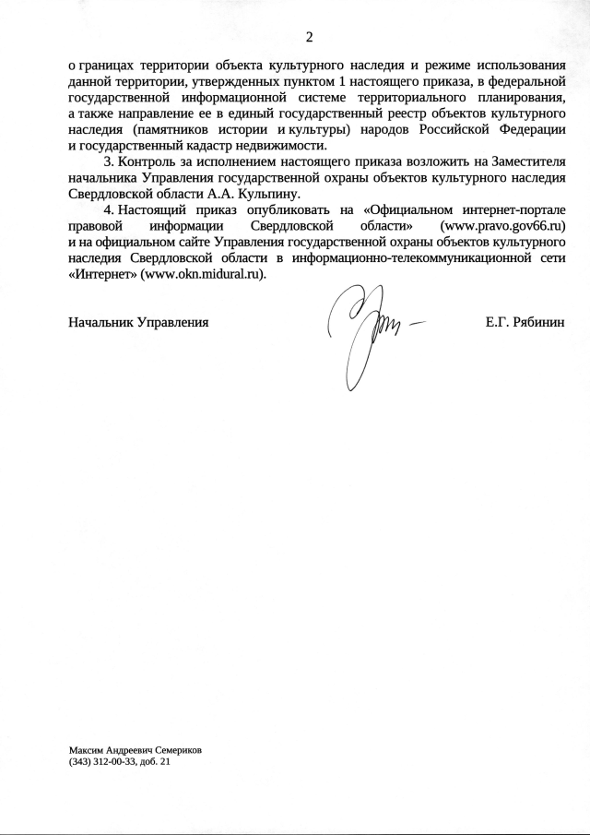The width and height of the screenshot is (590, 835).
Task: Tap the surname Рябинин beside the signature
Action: coord(537,323)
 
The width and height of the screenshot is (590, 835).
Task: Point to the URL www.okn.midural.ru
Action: coord(204,275)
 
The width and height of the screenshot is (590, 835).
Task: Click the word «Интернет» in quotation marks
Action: coord(102,275)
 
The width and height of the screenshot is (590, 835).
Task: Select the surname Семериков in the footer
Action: coord(174,750)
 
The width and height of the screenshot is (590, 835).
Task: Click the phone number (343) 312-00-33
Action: coord(100,762)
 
